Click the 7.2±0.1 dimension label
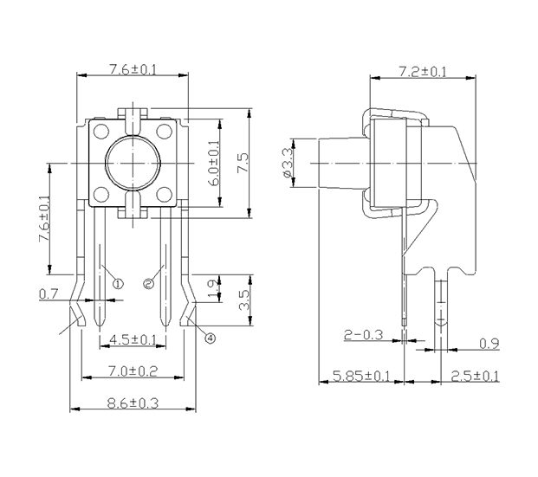tap(423, 72)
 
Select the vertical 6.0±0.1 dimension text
tap(215, 163)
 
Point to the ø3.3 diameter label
tap(287, 163)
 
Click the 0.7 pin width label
tap(49, 293)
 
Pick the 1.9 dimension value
tap(213, 289)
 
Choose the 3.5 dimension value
tap(243, 300)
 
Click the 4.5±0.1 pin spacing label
tap(133, 339)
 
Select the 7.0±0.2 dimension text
tap(133, 371)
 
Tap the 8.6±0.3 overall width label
tap(133, 403)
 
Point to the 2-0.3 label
tap(363, 335)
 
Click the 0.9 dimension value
tap(489, 344)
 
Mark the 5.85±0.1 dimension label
tap(361, 376)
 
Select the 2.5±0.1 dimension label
tap(475, 376)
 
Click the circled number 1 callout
tap(118, 284)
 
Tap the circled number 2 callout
tap(148, 284)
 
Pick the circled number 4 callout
tap(211, 338)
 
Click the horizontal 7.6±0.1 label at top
tap(133, 69)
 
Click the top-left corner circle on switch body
tap(101, 132)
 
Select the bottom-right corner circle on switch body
tap(164, 195)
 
